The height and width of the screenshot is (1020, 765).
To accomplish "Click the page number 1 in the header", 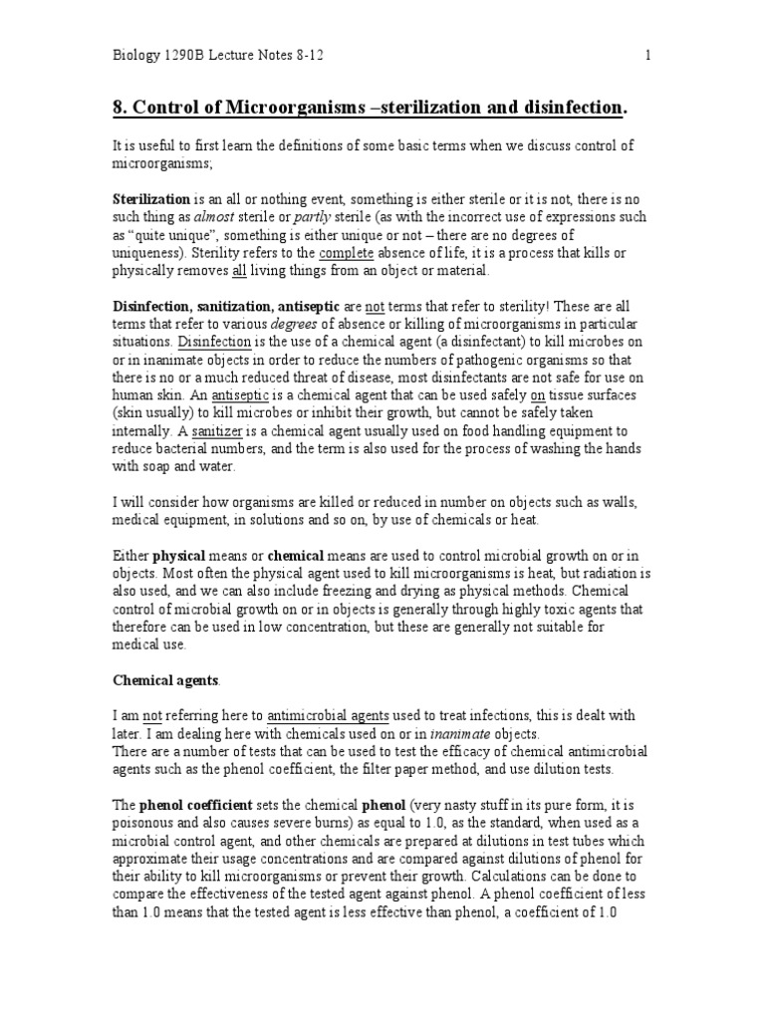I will [x=647, y=56].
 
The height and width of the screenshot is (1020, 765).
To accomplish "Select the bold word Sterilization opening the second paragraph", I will [x=149, y=200].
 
